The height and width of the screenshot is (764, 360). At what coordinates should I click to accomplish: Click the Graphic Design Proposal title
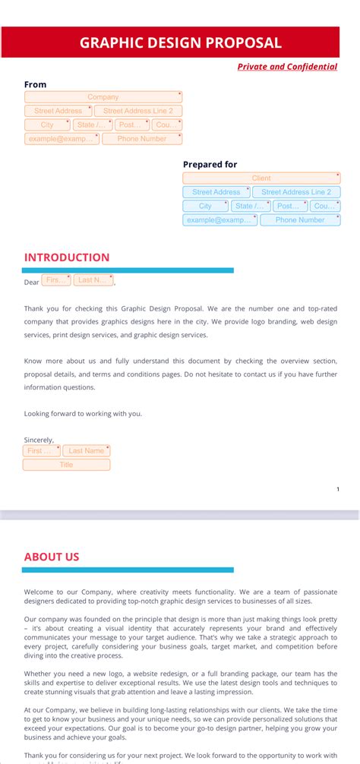(x=180, y=43)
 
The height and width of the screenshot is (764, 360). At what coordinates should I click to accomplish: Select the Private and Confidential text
(x=287, y=67)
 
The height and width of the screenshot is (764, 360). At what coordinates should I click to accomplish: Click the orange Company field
(x=103, y=97)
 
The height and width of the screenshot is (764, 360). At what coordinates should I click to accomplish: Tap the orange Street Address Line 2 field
(x=138, y=111)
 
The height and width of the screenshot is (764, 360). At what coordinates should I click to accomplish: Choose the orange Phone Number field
(x=142, y=139)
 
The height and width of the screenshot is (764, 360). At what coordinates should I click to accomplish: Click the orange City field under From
(x=47, y=125)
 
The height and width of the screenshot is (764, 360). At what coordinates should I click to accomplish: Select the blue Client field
(x=261, y=178)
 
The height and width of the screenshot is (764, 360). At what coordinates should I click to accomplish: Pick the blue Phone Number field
(x=300, y=220)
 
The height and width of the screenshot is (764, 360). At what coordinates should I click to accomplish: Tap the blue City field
(x=205, y=206)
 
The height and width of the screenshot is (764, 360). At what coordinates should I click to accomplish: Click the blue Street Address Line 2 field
(x=296, y=192)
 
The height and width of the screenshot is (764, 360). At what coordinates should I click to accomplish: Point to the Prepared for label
(x=210, y=164)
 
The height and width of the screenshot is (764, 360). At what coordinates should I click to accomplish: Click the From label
(x=35, y=84)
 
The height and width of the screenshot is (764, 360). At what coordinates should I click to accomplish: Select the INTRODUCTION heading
(x=67, y=257)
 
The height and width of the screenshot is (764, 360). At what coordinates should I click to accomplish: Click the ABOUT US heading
(x=52, y=557)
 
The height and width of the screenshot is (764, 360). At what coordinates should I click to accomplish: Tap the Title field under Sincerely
(x=66, y=465)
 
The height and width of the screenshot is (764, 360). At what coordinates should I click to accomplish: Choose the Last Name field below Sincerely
(x=87, y=450)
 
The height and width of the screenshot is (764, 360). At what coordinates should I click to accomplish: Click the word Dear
(x=31, y=283)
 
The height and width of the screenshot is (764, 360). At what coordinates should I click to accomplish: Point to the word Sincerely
(x=39, y=440)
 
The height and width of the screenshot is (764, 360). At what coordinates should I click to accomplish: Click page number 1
(x=338, y=489)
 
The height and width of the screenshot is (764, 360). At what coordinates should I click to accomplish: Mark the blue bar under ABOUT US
(x=128, y=570)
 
